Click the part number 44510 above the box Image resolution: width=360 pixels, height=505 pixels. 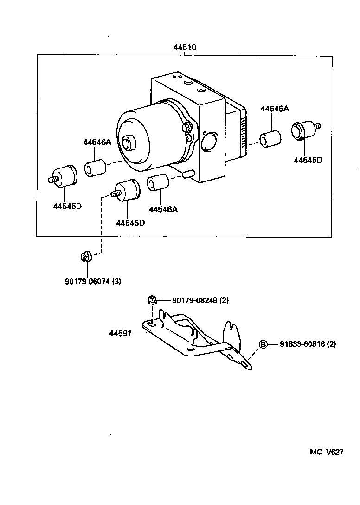click(185, 47)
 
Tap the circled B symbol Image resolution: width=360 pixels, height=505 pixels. click(263, 344)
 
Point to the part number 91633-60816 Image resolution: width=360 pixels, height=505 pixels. click(308, 344)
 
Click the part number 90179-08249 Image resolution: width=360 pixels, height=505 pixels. click(200, 300)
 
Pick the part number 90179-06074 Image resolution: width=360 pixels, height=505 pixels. click(93, 281)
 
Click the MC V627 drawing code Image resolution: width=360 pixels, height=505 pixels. click(327, 452)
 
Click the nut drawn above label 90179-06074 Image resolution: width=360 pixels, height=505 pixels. click(85, 256)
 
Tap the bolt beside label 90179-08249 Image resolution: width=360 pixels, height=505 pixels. click(151, 300)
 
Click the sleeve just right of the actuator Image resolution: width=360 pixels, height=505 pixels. click(270, 139)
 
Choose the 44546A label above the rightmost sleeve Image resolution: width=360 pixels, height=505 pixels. click(274, 109)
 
